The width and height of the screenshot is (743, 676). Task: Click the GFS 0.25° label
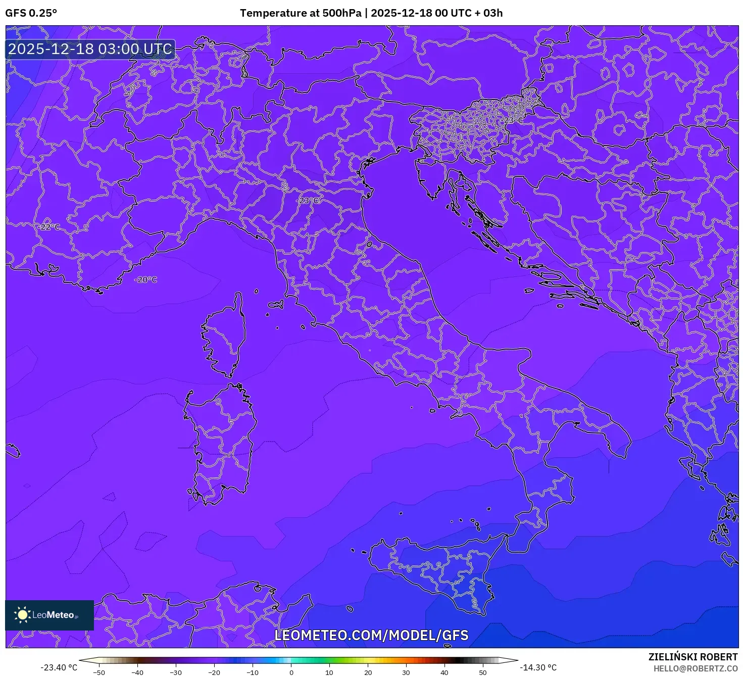pos(31,13)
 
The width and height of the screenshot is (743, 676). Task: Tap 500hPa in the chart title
pos(342,13)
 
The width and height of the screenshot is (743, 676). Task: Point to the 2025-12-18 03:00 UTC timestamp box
pos(90,49)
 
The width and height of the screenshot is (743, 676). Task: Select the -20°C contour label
pos(146,279)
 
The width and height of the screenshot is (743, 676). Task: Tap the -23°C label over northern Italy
pos(308,201)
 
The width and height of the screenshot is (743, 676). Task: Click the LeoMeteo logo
pos(49,615)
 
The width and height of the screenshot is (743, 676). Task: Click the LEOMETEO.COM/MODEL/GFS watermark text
pos(371,635)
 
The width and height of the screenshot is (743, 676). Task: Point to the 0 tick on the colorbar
pos(291,672)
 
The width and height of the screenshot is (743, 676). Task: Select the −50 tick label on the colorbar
pos(99,672)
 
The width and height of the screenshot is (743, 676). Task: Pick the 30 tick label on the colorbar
pos(406,672)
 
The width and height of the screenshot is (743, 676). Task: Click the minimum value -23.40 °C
pos(59,667)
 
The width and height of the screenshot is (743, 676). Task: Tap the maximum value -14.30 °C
pos(538,667)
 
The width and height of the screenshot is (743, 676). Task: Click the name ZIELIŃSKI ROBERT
pos(693,657)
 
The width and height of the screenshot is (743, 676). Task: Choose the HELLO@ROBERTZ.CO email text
pos(696,668)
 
